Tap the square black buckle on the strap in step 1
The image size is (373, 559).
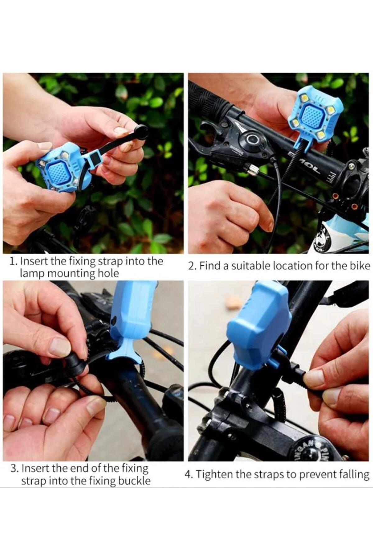[94, 158]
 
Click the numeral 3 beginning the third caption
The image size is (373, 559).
[13, 469]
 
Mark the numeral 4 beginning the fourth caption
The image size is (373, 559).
[188, 475]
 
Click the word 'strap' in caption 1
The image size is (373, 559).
[110, 261]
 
